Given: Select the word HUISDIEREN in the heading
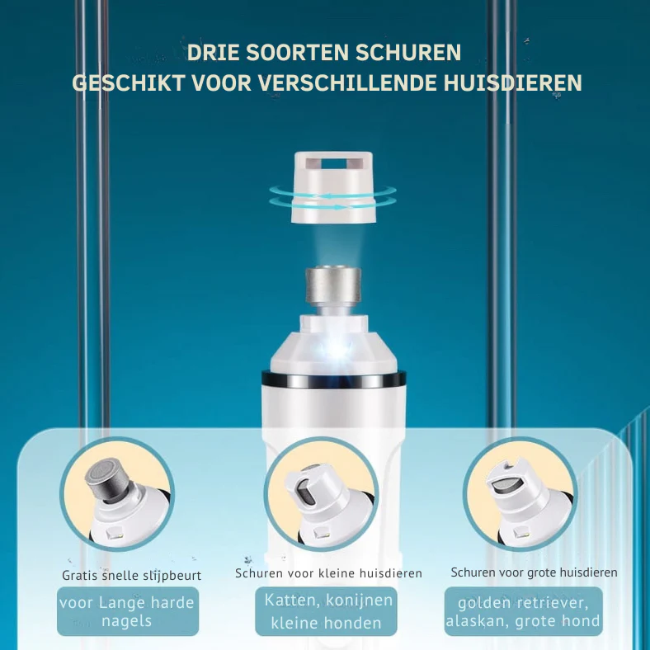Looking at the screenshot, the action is (x=513, y=83).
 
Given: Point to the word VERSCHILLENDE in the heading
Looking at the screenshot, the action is (x=346, y=83).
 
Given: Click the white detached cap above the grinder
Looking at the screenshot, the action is (x=333, y=187).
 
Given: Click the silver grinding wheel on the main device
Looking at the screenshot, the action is (x=333, y=285).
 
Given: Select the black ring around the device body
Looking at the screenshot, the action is (x=334, y=379).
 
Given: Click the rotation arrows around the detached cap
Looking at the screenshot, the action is (x=333, y=196).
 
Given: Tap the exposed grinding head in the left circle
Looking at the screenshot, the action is (x=107, y=478).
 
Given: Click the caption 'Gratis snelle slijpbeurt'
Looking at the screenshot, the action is (x=131, y=576).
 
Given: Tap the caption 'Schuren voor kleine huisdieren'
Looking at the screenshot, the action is (x=328, y=573).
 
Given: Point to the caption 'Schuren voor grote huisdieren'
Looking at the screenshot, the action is (x=534, y=572).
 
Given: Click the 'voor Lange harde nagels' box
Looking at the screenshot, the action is (x=128, y=611).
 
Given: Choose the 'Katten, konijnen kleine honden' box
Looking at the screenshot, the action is (x=327, y=611).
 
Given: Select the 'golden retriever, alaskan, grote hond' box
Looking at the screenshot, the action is (x=524, y=611).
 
